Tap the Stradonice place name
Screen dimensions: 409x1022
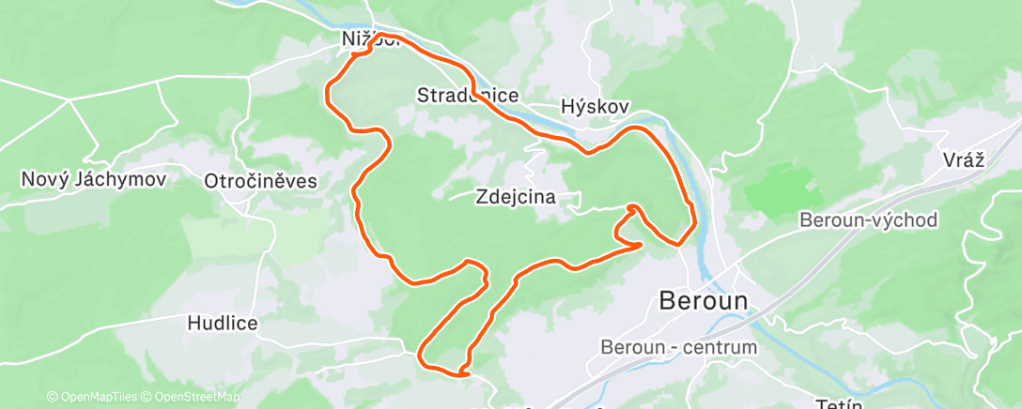[468, 96]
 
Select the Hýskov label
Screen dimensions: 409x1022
[595, 107]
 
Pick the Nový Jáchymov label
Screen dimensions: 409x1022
[93, 178]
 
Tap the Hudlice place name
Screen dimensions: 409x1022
[223, 323]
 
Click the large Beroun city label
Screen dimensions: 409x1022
[705, 301]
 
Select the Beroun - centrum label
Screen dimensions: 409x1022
[679, 347]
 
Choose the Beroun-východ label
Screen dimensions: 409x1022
[869, 220]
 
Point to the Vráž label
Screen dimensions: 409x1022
[963, 159]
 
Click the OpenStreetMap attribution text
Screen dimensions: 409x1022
[196, 398]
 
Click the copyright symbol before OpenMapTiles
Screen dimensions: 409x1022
[53, 398]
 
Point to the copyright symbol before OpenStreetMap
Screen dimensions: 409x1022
[147, 398]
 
